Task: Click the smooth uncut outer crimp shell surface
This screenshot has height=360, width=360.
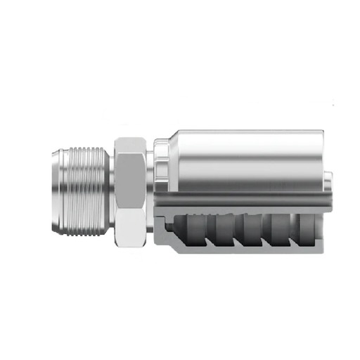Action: click(246, 158)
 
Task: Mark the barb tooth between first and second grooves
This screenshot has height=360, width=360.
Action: click(204, 232)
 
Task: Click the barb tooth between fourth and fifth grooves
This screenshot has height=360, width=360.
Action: click(292, 232)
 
